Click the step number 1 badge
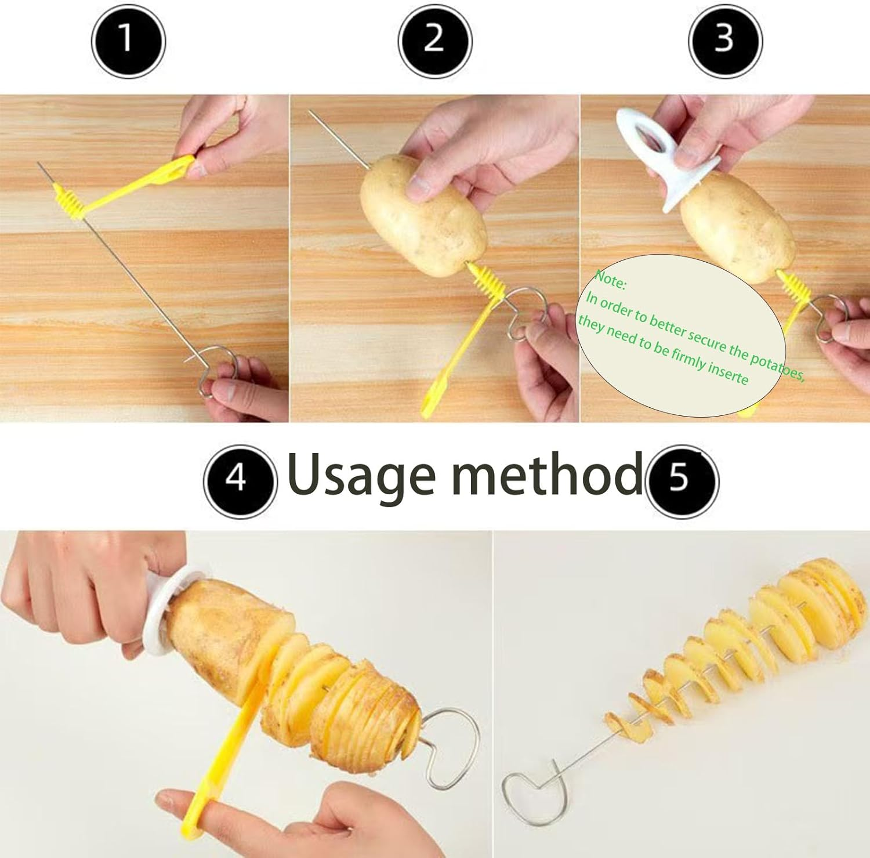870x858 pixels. click(128, 41)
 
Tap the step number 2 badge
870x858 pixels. click(434, 41)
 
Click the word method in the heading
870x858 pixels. click(546, 475)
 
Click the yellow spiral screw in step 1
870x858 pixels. click(68, 200)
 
